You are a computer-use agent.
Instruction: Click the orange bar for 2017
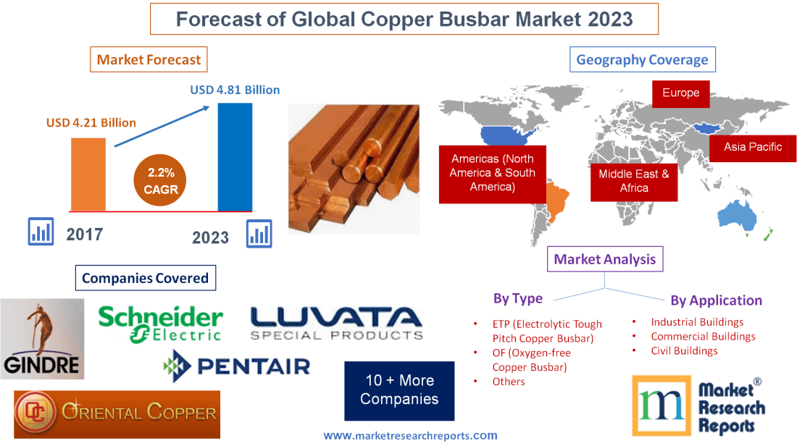pyautogui.click(x=88, y=174)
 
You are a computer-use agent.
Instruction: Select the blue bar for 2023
pyautogui.click(x=235, y=156)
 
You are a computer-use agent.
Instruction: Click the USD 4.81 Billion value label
pyautogui.click(x=235, y=91)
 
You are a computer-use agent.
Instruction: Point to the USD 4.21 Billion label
pyautogui.click(x=91, y=122)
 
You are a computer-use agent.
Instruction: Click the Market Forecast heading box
pyautogui.click(x=149, y=59)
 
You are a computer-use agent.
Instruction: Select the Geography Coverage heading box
pyautogui.click(x=642, y=59)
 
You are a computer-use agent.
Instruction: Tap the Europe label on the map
pyautogui.click(x=680, y=93)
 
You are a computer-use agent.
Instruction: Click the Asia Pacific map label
pyautogui.click(x=753, y=147)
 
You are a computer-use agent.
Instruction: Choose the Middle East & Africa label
pyautogui.click(x=634, y=181)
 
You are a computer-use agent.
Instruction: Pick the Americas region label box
pyautogui.click(x=492, y=173)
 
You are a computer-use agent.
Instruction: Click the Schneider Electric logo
pyautogui.click(x=160, y=324)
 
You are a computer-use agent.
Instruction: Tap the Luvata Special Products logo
pyautogui.click(x=336, y=324)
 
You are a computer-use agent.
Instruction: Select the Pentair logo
pyautogui.click(x=237, y=365)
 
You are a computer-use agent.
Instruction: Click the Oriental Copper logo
pyautogui.click(x=117, y=414)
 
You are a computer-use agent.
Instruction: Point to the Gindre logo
pyautogui.click(x=42, y=339)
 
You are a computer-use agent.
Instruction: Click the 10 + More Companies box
pyautogui.click(x=399, y=390)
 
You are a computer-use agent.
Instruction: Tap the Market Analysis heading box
pyautogui.click(x=604, y=259)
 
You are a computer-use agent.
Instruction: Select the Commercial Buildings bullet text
pyautogui.click(x=703, y=336)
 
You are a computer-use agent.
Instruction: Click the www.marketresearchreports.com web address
pyautogui.click(x=410, y=436)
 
